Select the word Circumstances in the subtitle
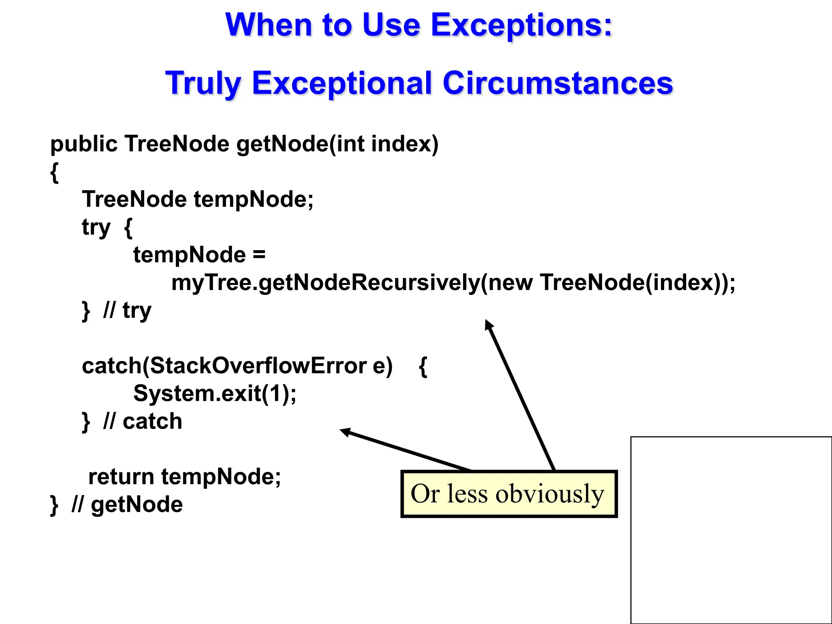557,83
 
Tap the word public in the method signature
84,144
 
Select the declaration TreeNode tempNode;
197,199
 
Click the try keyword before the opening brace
96,227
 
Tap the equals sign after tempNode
259,255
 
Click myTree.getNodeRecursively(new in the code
352,283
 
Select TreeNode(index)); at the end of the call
638,283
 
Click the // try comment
127,311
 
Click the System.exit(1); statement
215,394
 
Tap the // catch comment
143,421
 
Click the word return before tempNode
121,477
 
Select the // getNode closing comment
127,505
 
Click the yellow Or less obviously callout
509,494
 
